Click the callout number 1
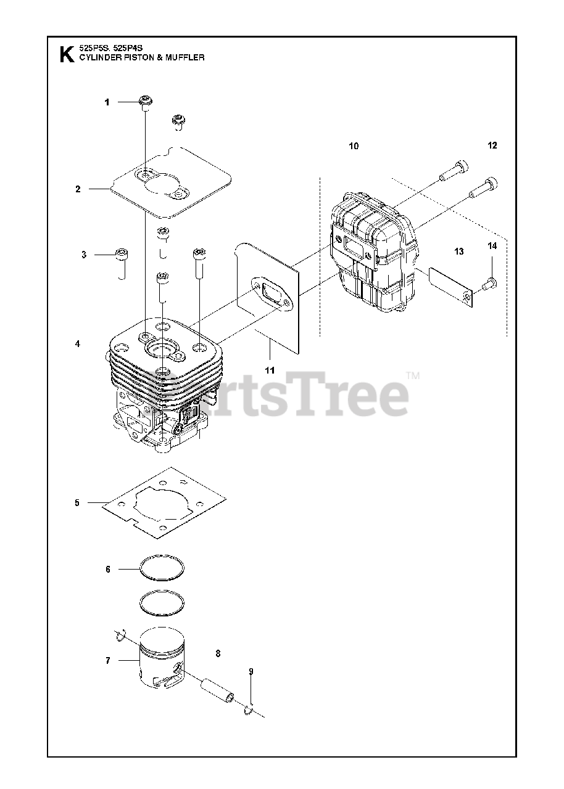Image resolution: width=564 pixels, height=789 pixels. coord(107,102)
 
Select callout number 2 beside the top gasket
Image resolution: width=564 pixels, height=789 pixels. coord(78,189)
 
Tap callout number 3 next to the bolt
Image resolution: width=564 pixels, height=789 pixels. coord(83,255)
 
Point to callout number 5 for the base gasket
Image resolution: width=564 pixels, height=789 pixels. coord(77,503)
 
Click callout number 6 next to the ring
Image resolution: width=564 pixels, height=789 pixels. coord(108,570)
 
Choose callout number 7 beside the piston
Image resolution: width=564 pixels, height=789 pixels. coord(108,661)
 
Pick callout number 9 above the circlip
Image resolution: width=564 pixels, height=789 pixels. coord(251,671)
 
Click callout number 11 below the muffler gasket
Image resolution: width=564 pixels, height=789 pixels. coord(270,370)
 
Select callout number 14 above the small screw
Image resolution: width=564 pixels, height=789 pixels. coord(492,247)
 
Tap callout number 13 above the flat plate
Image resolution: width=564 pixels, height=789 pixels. coord(458,251)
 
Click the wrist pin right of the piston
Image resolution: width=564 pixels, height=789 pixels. coord(217,689)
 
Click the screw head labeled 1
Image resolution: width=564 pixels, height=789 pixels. coord(146,101)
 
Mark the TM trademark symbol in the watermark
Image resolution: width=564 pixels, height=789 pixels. coord(412,375)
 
